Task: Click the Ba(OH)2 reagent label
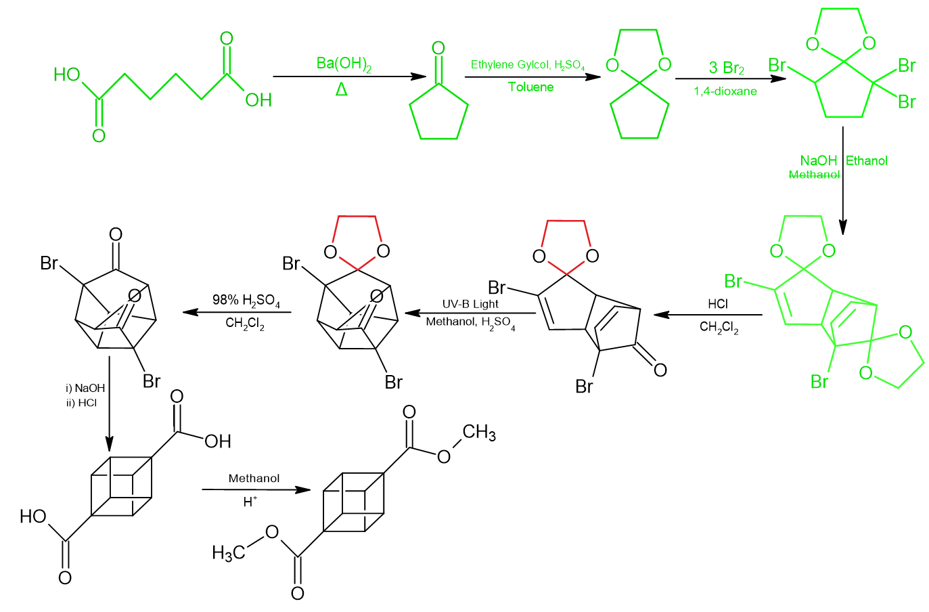click(x=344, y=64)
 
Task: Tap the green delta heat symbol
click(x=342, y=89)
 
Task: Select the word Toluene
click(x=530, y=87)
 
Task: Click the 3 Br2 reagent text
click(x=726, y=68)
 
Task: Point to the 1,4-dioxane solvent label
click(x=725, y=91)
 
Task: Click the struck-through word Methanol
click(x=814, y=175)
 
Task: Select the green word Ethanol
click(x=867, y=160)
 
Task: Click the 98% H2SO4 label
click(x=246, y=300)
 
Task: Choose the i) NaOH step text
click(x=85, y=388)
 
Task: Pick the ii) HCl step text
click(x=81, y=402)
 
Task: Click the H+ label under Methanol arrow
click(x=250, y=502)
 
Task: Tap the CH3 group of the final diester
click(x=479, y=432)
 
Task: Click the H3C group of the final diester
click(x=229, y=552)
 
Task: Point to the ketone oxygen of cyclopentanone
click(x=438, y=48)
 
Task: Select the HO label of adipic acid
click(x=67, y=74)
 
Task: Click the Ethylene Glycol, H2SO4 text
click(x=528, y=65)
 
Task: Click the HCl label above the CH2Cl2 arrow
click(x=718, y=304)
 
